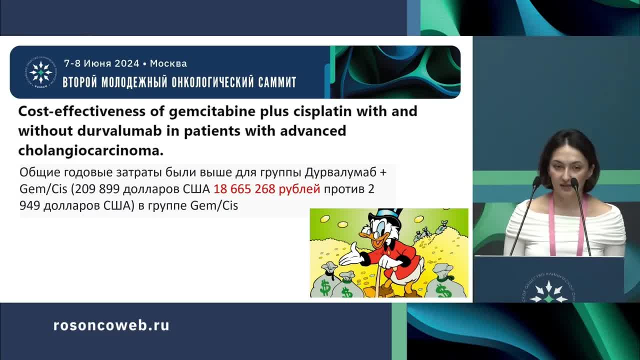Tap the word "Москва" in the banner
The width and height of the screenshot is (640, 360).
168,63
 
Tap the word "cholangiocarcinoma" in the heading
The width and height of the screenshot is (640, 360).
90,150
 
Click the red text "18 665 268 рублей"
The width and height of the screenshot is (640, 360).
267,189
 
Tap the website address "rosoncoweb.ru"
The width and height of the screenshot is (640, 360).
111,325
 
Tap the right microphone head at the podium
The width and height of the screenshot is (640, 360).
574,183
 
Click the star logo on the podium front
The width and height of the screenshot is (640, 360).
549,292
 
